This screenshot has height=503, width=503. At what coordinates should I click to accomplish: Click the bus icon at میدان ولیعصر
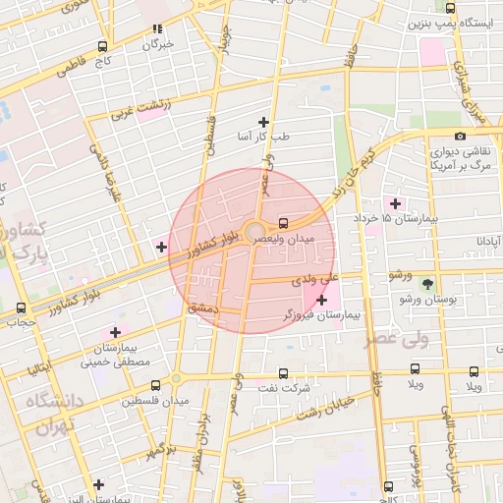click(x=283, y=222)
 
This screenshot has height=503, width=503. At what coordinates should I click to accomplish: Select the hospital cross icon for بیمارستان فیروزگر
click(x=321, y=299)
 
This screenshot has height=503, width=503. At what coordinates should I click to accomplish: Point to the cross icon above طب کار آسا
click(x=263, y=122)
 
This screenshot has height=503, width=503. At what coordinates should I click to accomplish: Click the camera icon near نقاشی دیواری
click(x=460, y=136)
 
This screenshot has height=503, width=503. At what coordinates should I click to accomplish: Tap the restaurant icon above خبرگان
click(x=157, y=29)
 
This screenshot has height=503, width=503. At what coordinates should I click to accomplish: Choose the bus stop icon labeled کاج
click(x=103, y=46)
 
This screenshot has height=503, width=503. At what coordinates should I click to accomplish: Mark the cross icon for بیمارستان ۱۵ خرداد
click(x=395, y=202)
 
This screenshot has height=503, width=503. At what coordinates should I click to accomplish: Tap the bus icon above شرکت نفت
click(x=283, y=373)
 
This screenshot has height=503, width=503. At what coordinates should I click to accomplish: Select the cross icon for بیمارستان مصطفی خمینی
click(x=117, y=332)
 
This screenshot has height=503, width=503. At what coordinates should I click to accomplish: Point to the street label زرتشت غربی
click(x=134, y=107)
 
